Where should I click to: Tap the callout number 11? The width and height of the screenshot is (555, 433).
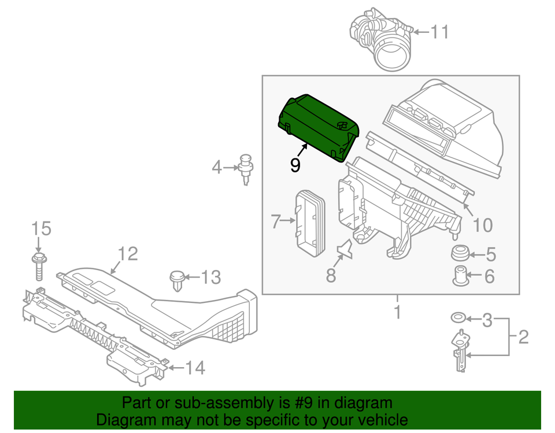[440, 32]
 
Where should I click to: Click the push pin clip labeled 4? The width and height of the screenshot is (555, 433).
[247, 168]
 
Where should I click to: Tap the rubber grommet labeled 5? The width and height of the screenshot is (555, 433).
[461, 253]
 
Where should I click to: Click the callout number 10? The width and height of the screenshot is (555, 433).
[483, 224]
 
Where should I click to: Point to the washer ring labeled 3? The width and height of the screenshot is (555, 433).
[458, 318]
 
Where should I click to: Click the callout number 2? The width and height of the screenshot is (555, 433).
[523, 336]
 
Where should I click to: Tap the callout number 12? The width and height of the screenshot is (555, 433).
[128, 253]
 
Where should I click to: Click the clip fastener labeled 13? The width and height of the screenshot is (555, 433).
[176, 279]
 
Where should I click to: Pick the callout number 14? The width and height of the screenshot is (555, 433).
[195, 368]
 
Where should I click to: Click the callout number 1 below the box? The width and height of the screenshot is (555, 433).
[397, 313]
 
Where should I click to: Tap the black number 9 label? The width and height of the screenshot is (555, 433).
[295, 165]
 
